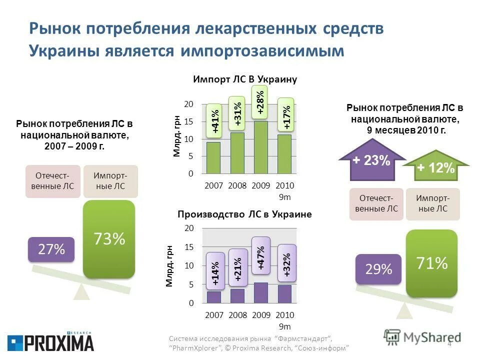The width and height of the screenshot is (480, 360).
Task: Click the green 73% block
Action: [x=109, y=239]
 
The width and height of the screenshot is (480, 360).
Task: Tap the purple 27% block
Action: [x=50, y=249]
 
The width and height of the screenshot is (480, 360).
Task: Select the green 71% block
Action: [x=432, y=263]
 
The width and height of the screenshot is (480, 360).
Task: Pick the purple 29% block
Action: [x=378, y=269]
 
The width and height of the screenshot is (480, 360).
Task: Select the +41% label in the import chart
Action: [x=214, y=121]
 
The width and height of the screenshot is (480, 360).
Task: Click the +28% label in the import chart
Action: [x=259, y=101]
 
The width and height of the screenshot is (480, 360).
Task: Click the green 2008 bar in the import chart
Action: [x=237, y=152]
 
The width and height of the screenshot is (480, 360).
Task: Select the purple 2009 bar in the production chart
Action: [x=260, y=293]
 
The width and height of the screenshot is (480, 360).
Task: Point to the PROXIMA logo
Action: [x=50, y=342]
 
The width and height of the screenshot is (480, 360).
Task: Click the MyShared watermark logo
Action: [x=422, y=337]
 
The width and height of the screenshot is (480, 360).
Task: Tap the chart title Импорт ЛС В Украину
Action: [x=245, y=79]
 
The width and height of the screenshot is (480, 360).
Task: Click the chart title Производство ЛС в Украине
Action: [x=244, y=214]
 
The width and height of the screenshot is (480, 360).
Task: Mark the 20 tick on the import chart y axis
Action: [x=188, y=104]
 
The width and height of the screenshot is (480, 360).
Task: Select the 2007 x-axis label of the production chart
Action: [x=213, y=315]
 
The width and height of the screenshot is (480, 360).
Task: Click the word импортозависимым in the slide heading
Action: [x=262, y=51]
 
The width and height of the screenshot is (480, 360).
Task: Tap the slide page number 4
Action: [x=449, y=343]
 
